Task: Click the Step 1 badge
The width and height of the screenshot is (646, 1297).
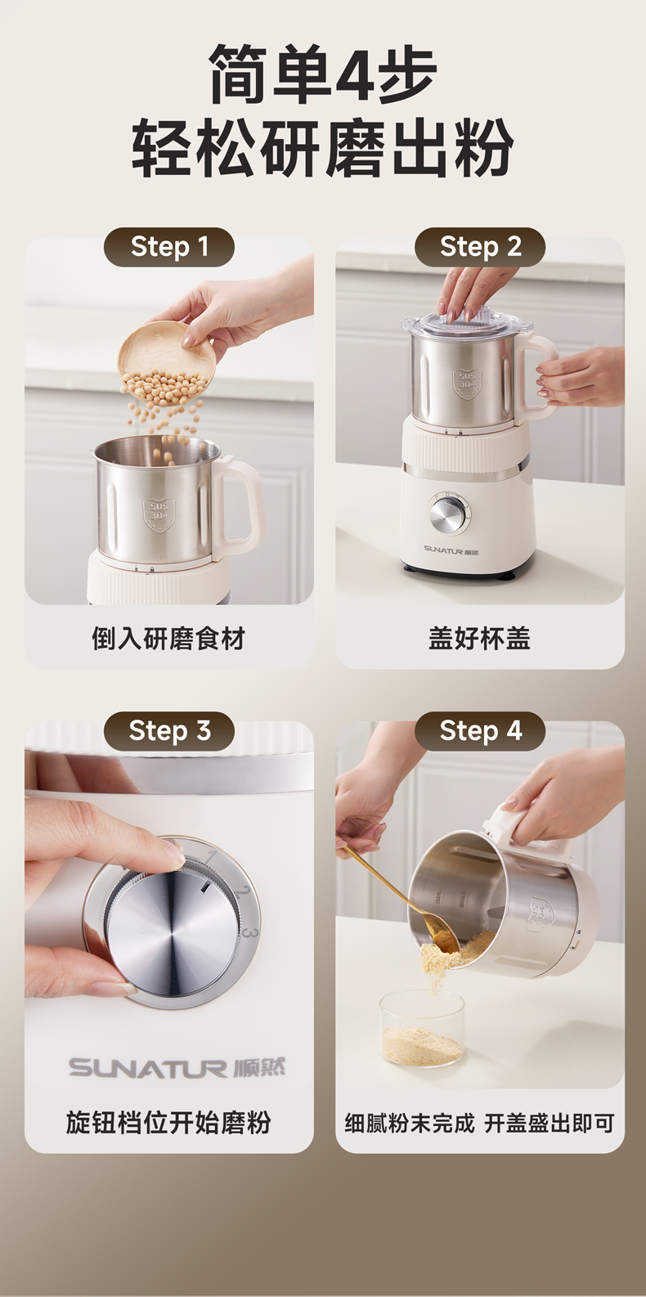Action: tap(169, 247)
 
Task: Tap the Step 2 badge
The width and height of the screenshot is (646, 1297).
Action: tap(480, 247)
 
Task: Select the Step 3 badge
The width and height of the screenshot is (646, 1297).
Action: tap(169, 731)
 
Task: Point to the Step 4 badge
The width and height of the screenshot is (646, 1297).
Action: tap(480, 731)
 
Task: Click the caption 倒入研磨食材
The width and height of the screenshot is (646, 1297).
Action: tap(168, 639)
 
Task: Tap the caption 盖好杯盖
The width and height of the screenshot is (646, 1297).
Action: tap(480, 639)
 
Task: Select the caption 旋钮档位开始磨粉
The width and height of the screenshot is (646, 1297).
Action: tap(168, 1123)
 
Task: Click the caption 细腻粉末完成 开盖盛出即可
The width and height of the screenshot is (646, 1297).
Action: tap(480, 1124)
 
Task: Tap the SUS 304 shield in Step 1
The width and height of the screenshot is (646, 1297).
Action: tap(159, 514)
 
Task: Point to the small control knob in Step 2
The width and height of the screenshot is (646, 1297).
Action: tap(449, 514)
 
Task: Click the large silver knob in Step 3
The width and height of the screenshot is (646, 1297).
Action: tap(172, 922)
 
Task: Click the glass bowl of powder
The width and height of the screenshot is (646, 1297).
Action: tap(422, 1028)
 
